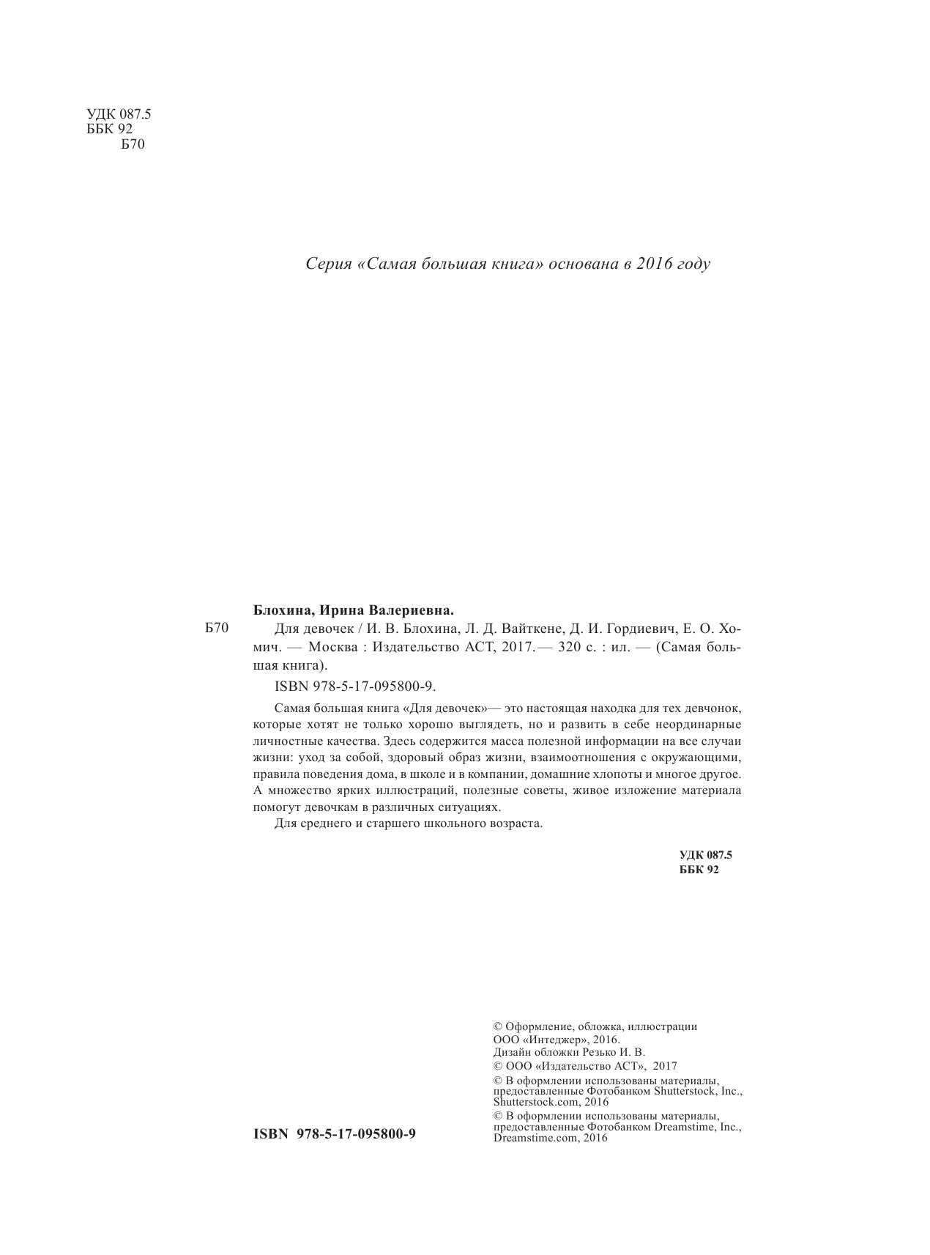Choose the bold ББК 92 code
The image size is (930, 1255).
pyautogui.click(x=699, y=870)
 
